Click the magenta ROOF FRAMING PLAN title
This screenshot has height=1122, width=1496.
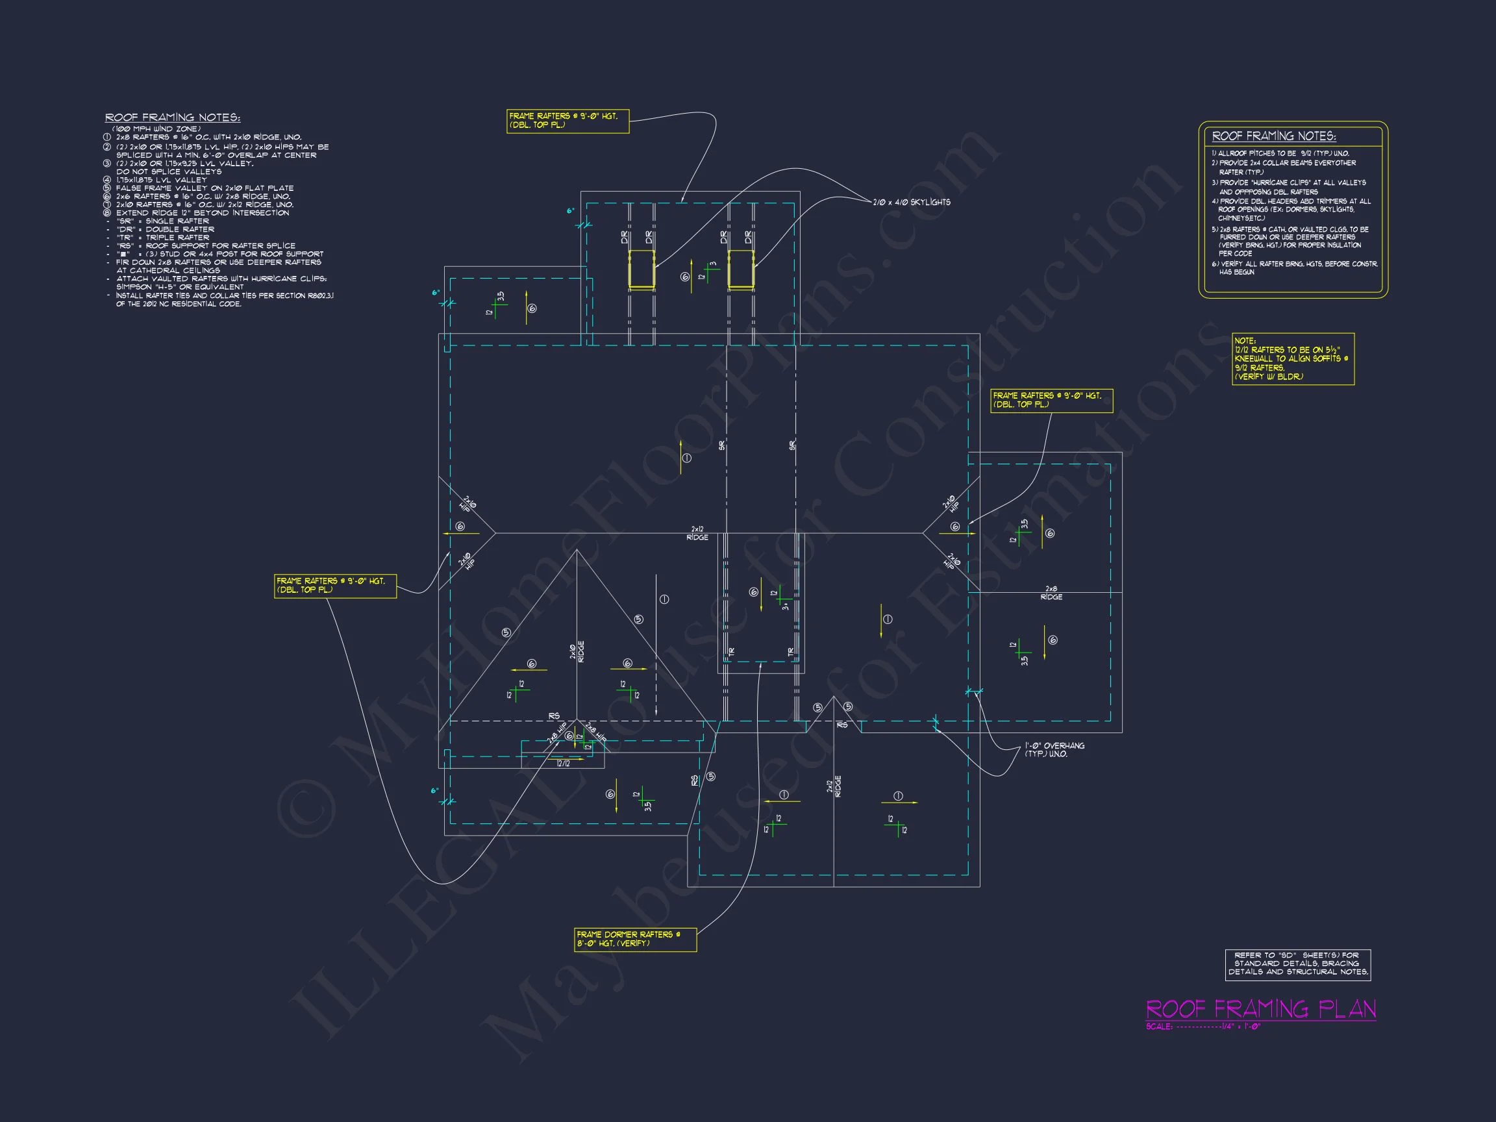tap(1261, 1010)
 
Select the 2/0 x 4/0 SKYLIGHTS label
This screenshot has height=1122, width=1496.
tap(912, 202)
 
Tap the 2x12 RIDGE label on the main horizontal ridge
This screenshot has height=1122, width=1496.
tap(697, 534)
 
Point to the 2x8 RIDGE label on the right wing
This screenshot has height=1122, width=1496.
tap(1051, 593)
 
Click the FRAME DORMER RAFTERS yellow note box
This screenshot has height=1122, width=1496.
tap(635, 939)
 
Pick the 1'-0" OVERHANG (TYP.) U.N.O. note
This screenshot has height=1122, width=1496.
tap(1054, 749)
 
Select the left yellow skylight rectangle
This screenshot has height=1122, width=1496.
tap(641, 269)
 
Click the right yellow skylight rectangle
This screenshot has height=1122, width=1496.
tap(741, 269)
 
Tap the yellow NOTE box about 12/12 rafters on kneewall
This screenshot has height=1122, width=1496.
tap(1292, 359)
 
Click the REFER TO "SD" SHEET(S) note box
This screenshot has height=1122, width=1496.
tap(1298, 964)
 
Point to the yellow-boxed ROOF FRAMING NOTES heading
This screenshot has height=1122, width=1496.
tap(1273, 136)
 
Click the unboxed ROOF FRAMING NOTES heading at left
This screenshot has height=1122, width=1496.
tap(173, 118)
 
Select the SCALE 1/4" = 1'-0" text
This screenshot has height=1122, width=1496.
tap(1203, 1027)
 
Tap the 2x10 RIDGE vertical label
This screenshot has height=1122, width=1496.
tap(577, 652)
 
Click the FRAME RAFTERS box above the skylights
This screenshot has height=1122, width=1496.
tap(567, 121)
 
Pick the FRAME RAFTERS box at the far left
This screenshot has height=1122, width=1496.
tap(335, 586)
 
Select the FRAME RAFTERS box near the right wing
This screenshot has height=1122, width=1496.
tap(1051, 401)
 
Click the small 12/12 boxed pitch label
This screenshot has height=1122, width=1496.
tap(564, 764)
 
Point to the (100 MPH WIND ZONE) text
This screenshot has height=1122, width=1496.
tap(156, 129)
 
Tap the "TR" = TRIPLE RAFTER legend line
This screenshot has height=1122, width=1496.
tap(163, 238)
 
